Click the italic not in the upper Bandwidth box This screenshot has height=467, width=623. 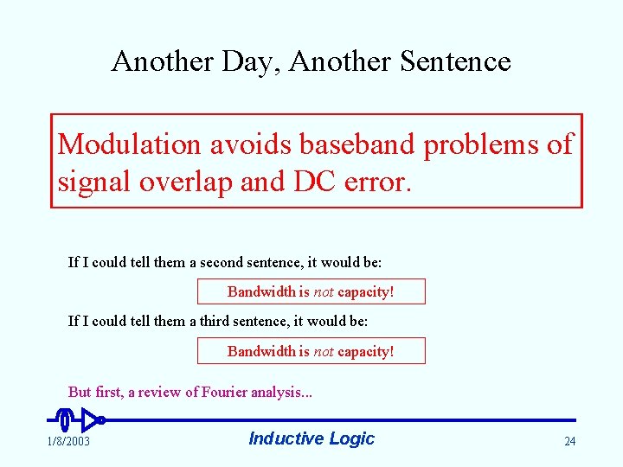coord(324,292)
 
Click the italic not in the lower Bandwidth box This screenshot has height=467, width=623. coord(324,351)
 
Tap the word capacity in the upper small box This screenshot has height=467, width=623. coord(363,292)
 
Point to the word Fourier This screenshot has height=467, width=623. coord(224,393)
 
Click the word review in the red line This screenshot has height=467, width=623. coord(164,393)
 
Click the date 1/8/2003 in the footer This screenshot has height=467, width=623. coord(68,442)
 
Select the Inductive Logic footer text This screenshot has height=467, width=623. coord(311,438)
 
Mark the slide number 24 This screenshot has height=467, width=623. coord(569,442)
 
